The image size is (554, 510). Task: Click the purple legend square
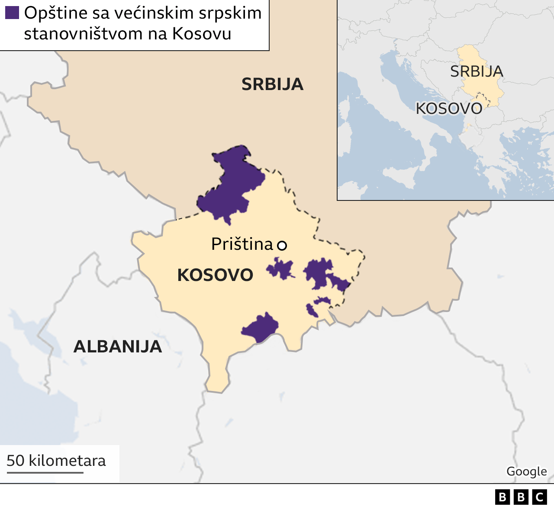click(x=12, y=13)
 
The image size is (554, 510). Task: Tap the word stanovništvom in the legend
click(x=84, y=34)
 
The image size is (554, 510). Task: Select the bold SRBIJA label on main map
click(x=272, y=84)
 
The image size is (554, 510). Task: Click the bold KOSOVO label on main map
click(x=215, y=275)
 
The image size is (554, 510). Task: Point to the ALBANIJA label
click(x=118, y=347)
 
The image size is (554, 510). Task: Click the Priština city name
click(x=242, y=245)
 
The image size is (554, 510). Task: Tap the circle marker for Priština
click(x=282, y=245)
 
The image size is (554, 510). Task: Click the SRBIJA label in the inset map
click(x=477, y=71)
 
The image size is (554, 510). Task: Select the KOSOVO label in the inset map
click(x=449, y=109)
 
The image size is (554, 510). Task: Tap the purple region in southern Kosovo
click(x=260, y=328)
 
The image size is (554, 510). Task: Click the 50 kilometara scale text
click(x=56, y=461)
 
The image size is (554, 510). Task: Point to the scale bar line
click(x=45, y=472)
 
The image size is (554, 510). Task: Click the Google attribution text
click(x=526, y=471)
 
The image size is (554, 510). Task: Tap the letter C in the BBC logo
click(x=539, y=497)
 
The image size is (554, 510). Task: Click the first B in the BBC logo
click(x=502, y=497)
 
